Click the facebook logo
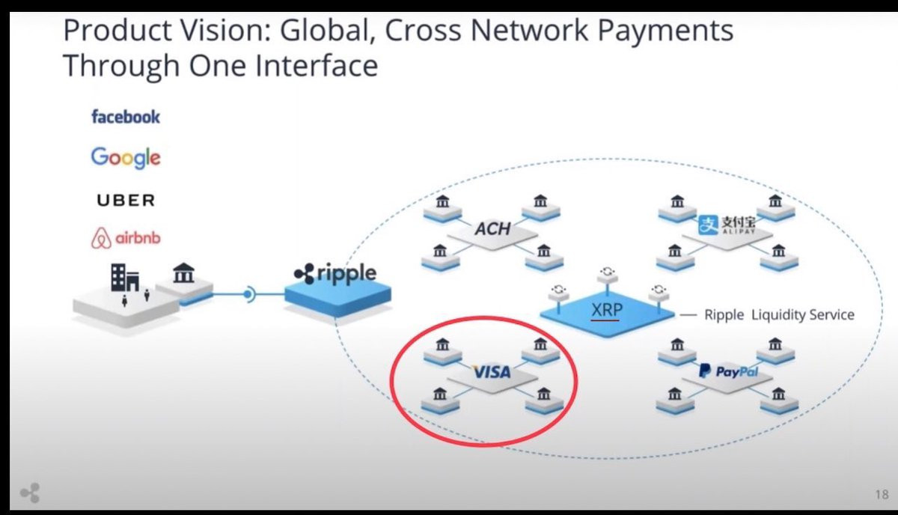pyautogui.click(x=126, y=117)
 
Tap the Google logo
pyautogui.click(x=126, y=157)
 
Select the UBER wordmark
pyautogui.click(x=126, y=200)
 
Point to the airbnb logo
pyautogui.click(x=126, y=238)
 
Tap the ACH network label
pyautogui.click(x=492, y=229)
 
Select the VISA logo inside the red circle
pyautogui.click(x=492, y=372)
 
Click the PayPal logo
pyautogui.click(x=728, y=371)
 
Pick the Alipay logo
pyautogui.click(x=727, y=225)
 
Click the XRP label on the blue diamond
pyautogui.click(x=607, y=310)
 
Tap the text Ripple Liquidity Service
pyautogui.click(x=779, y=315)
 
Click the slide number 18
pyautogui.click(x=882, y=495)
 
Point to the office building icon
pyautogui.click(x=125, y=277)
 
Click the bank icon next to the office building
pyautogui.click(x=183, y=272)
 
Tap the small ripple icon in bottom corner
pyautogui.click(x=31, y=493)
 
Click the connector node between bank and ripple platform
pyautogui.click(x=249, y=295)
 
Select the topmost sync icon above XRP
pyautogui.click(x=608, y=272)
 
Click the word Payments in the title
pyautogui.click(x=665, y=31)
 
